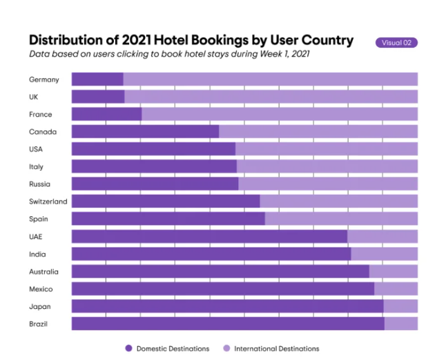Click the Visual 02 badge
click(396, 43)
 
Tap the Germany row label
click(44, 79)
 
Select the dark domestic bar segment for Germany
click(97, 79)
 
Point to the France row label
click(40, 114)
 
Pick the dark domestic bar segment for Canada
click(145, 131)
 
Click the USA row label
click(37, 149)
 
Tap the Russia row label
click(39, 184)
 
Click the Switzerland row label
click(48, 202)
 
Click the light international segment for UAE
click(382, 236)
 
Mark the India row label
click(37, 254)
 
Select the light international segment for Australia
click(393, 272)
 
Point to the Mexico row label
click(40, 289)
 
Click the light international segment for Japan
click(400, 306)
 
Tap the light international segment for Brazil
click(400, 323)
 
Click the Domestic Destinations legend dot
click(128, 348)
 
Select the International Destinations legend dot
click(226, 348)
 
